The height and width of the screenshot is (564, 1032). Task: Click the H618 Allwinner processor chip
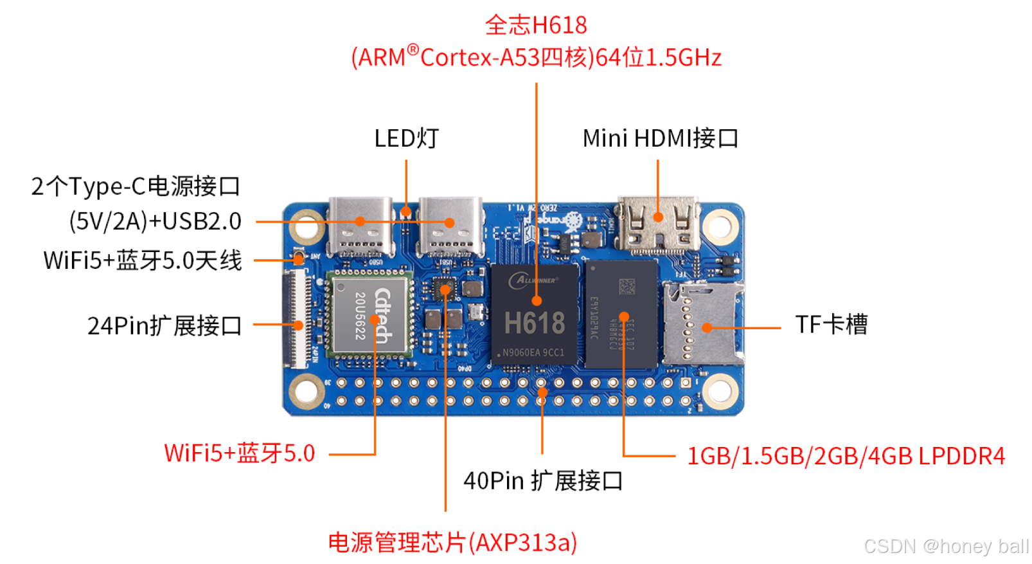coord(535,315)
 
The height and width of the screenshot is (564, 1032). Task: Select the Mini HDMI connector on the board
coord(658,224)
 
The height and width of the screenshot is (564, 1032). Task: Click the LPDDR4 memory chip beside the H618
coord(622,314)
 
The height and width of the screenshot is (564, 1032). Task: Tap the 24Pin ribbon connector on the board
coord(297,318)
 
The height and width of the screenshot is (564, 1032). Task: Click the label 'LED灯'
coord(406,138)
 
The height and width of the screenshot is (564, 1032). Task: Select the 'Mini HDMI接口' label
coord(660,138)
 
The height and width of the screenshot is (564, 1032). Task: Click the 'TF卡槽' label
coord(831,325)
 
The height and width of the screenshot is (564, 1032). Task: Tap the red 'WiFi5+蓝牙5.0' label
coord(239,453)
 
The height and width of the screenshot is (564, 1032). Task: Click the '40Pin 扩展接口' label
coord(543,480)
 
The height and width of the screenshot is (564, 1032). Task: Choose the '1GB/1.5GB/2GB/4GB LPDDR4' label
coord(846,456)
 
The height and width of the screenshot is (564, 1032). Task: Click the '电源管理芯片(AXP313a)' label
coord(452,543)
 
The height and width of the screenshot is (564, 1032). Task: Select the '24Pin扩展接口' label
coord(165,326)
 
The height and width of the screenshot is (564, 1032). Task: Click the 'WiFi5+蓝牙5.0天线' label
coord(143,260)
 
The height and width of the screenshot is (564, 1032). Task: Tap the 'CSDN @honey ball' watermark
coord(946,546)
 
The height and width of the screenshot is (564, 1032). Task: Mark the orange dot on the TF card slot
coord(707,327)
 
